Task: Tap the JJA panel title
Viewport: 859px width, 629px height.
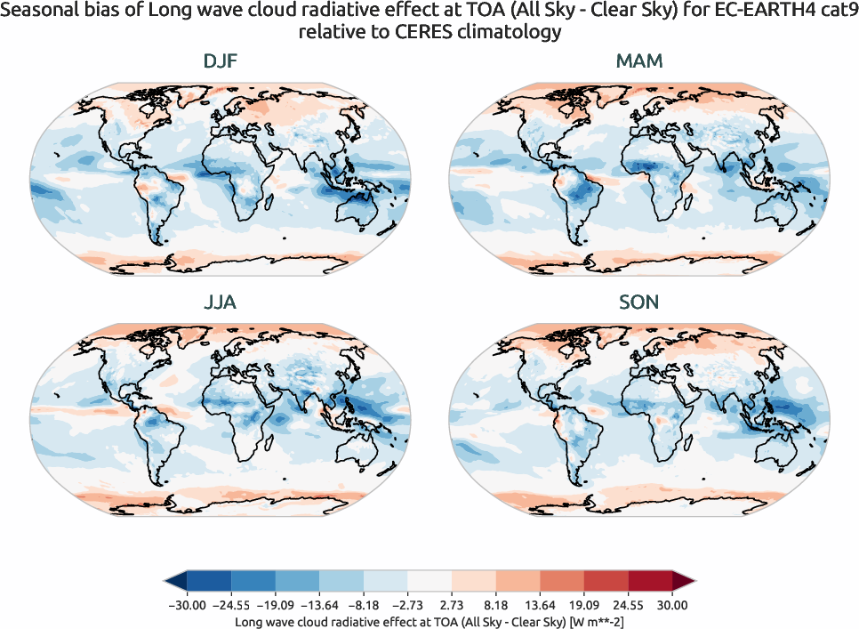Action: (220, 302)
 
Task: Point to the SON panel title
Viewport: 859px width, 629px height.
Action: (638, 302)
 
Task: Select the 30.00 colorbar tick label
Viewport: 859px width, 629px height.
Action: (672, 605)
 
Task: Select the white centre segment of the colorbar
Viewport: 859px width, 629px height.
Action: (429, 582)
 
